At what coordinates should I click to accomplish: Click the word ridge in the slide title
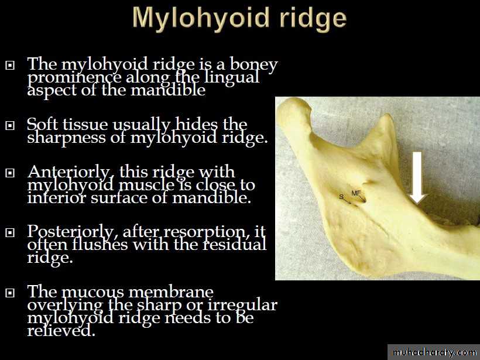pos(313,19)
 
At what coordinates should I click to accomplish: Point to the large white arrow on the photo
pos(417,178)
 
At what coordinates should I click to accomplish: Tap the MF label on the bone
pos(356,193)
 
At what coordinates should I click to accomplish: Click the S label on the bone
pos(341,197)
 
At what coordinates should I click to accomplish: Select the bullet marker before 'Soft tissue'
pos(10,125)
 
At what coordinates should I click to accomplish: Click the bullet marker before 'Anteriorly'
pos(10,173)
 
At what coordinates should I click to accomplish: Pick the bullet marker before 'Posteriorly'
pos(10,232)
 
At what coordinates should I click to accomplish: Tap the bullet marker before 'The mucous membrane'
pos(10,293)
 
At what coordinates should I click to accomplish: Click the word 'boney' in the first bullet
pos(254,65)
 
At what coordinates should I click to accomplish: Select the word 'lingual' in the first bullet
pos(231,77)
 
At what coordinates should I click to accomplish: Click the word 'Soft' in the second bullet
pos(42,124)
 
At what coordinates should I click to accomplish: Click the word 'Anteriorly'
pos(68,173)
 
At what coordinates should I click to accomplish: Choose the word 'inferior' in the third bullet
pos(57,198)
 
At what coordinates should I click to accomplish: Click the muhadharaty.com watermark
pos(434,352)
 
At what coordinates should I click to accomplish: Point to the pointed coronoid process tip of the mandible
pos(388,116)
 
